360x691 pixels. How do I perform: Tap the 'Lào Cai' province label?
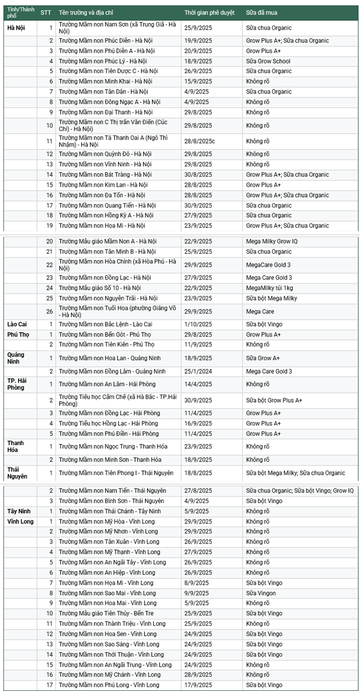(x=17, y=324)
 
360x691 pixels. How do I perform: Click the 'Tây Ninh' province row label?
(x=19, y=511)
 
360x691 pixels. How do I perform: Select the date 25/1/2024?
(x=198, y=371)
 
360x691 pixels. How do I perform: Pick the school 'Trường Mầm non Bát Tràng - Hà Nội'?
(x=105, y=174)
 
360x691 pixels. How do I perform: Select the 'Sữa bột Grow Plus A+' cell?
(x=274, y=400)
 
